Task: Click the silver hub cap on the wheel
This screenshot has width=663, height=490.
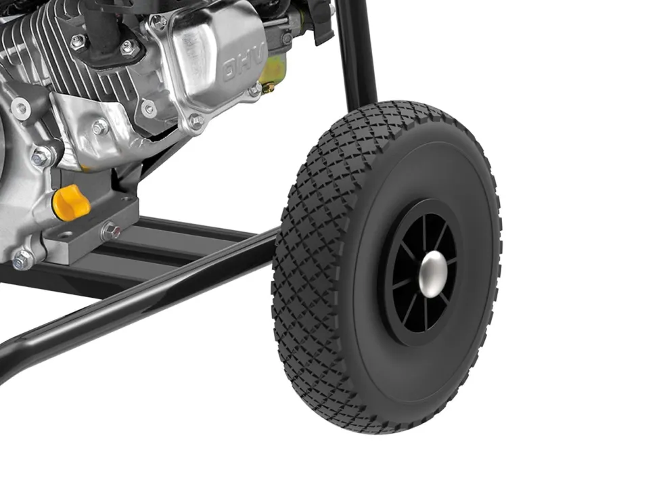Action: (x=434, y=273)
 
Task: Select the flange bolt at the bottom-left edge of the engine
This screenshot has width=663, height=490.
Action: (x=22, y=259)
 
